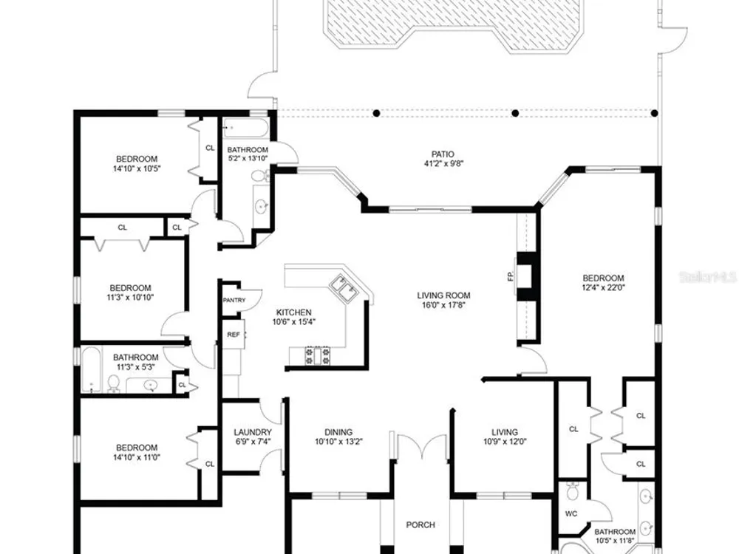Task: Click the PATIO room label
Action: pos(443,154)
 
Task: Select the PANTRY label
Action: pos(234,300)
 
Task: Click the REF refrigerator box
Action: pos(234,334)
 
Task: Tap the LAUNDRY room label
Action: pos(253,432)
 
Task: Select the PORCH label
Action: pos(420,524)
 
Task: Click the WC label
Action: pos(571,513)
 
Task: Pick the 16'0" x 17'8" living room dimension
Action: pos(443,305)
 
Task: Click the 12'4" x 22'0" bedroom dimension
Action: pos(603,287)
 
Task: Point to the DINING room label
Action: pos(338,432)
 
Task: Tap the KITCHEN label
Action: pos(293,312)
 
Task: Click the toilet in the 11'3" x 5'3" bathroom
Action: pos(113,383)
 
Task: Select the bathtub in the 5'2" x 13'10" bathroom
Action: pos(246,128)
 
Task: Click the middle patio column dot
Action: pos(515,113)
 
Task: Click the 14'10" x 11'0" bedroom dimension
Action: pos(137,457)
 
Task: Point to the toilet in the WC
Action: pos(572,491)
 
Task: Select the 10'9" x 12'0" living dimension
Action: pos(505,442)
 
